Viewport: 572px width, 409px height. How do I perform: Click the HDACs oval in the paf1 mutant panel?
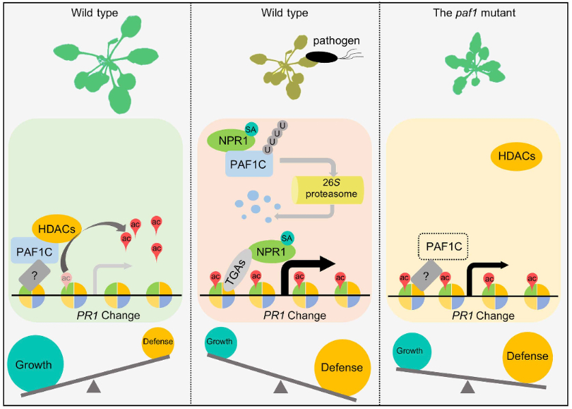coord(517,157)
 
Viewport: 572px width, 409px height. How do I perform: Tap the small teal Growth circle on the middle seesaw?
coord(220,342)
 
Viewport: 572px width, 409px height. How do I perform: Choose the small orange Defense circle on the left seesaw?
coord(158,341)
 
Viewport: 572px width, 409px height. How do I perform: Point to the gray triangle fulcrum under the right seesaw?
coord(468,388)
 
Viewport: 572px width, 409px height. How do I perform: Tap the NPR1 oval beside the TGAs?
coord(272,251)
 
